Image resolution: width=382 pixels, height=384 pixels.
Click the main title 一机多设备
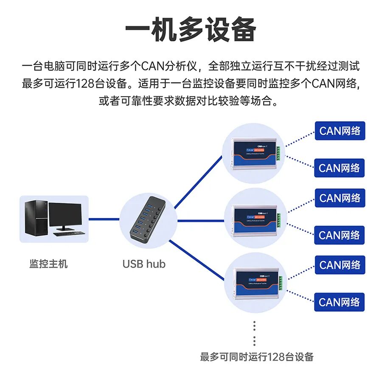click(x=191, y=30)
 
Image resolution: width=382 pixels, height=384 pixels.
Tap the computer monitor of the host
click(x=65, y=214)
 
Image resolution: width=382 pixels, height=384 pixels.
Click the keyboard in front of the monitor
click(x=68, y=233)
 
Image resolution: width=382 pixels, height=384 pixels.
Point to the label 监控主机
click(x=48, y=264)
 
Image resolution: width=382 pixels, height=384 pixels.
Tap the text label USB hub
click(x=144, y=264)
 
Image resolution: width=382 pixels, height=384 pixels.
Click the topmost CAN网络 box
click(x=340, y=131)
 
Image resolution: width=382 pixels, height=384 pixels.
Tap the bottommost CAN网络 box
click(x=340, y=302)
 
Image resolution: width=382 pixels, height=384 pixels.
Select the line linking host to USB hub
click(x=104, y=219)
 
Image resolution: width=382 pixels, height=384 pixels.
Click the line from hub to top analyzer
click(x=197, y=181)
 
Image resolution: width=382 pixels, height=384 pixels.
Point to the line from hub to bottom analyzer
click(x=197, y=261)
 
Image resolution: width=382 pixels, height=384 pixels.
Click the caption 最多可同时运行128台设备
click(x=256, y=356)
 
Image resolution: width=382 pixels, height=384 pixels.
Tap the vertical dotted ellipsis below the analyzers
click(x=254, y=333)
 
